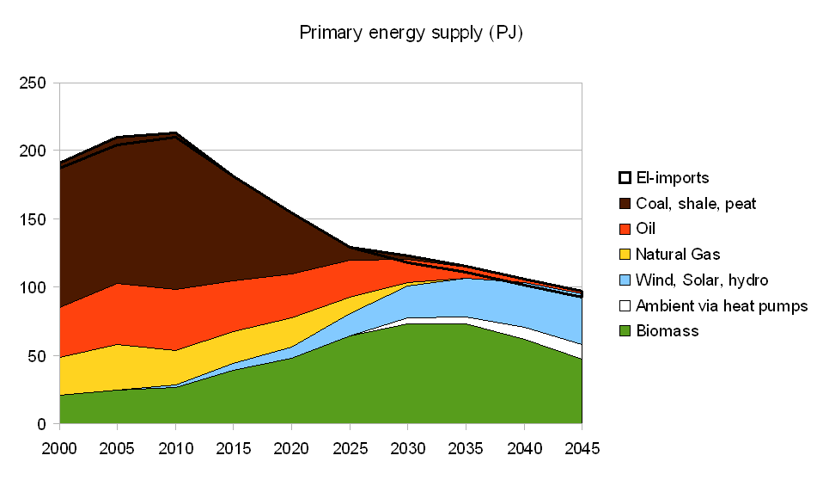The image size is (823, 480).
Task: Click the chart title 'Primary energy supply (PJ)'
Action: [411, 34]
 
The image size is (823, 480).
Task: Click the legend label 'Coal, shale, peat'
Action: [696, 204]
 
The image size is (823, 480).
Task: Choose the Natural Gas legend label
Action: [678, 255]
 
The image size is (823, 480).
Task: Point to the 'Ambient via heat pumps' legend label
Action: [722, 305]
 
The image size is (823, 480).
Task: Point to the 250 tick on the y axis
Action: [33, 83]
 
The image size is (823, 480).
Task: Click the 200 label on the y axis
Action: [33, 151]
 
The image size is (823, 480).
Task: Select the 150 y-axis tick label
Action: [33, 219]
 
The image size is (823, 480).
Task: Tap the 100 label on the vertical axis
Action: [33, 287]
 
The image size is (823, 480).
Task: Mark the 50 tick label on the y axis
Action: [37, 355]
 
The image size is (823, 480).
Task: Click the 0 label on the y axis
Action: [41, 423]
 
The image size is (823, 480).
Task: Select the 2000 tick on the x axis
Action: [59, 449]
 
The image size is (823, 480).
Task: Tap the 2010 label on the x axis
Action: [175, 449]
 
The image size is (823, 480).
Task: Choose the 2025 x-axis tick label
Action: [350, 449]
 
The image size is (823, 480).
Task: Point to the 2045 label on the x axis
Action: [582, 449]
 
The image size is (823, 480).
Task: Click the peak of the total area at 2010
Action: [175, 133]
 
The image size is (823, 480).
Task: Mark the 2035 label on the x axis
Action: [466, 449]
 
